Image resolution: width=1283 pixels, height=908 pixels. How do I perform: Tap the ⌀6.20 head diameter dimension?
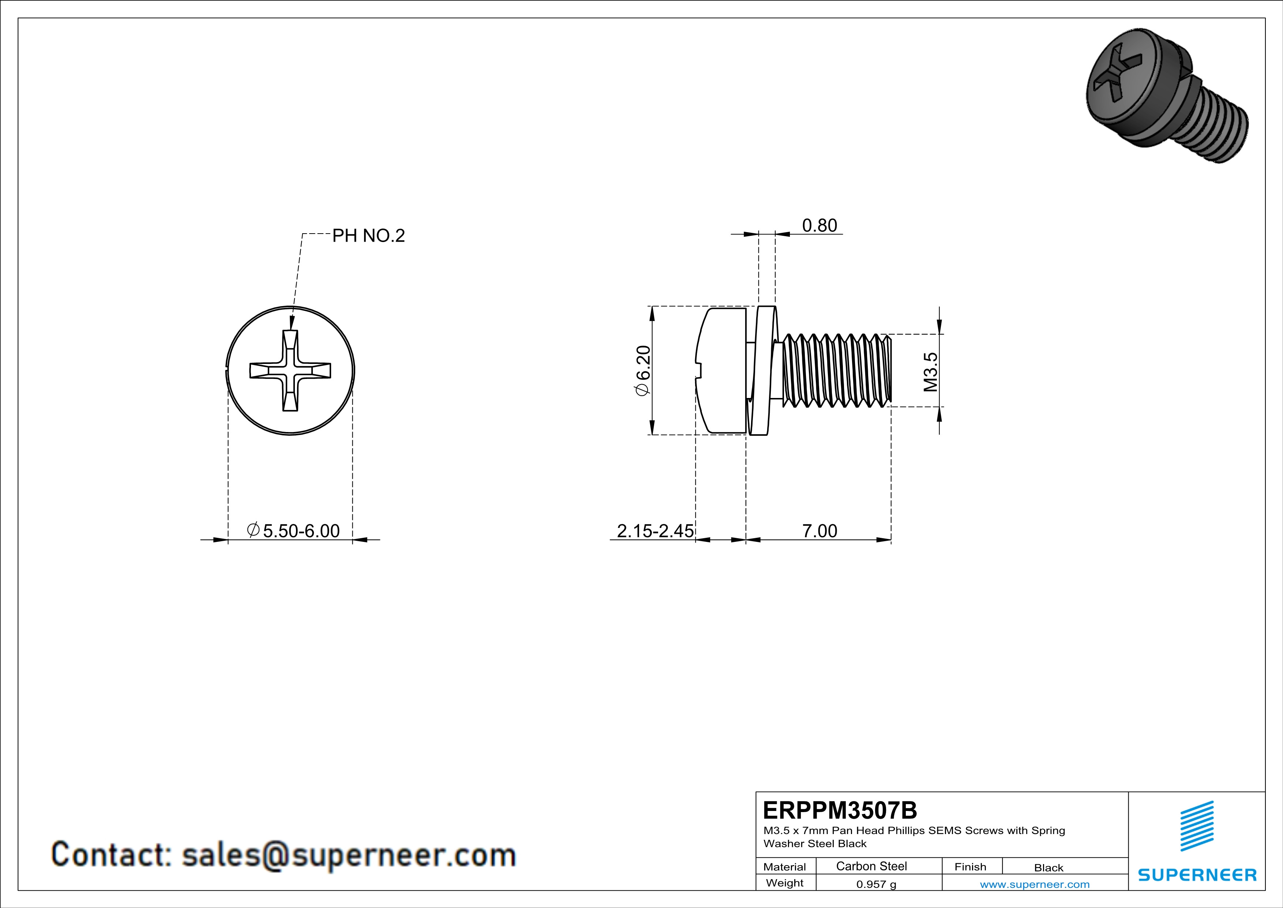click(x=643, y=370)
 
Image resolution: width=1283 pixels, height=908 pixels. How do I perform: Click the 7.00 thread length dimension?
click(x=819, y=531)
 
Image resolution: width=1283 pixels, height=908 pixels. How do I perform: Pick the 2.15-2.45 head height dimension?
click(x=655, y=531)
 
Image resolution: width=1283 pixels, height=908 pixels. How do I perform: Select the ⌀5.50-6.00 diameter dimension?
click(x=294, y=531)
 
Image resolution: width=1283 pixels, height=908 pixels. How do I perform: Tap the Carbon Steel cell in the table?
click(x=871, y=866)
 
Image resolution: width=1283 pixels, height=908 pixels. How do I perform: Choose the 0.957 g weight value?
click(x=875, y=884)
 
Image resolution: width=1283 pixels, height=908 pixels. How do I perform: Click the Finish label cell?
click(x=970, y=867)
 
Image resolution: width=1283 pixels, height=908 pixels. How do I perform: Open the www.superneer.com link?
click(x=1034, y=884)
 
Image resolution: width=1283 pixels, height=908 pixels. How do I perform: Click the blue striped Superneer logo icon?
click(x=1196, y=826)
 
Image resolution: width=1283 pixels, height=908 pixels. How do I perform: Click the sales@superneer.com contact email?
click(x=349, y=855)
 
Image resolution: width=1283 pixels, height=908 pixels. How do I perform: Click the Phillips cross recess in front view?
click(x=290, y=371)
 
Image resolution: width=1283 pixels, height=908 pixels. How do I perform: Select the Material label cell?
click(x=785, y=867)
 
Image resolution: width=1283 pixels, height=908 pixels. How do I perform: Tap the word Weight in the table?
click(x=785, y=883)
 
